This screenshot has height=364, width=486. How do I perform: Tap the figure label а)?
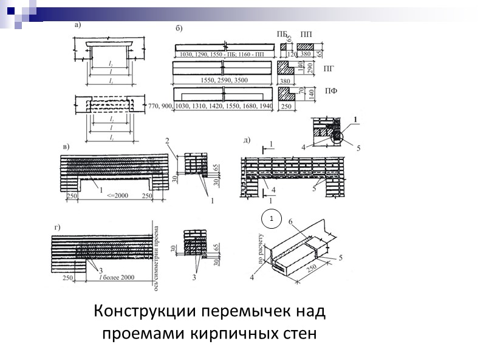[78, 25]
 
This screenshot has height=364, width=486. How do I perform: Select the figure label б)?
[179, 28]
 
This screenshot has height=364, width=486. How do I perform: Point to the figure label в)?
[66, 146]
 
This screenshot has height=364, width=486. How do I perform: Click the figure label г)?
[58, 227]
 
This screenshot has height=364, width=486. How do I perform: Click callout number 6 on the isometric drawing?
[290, 223]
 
